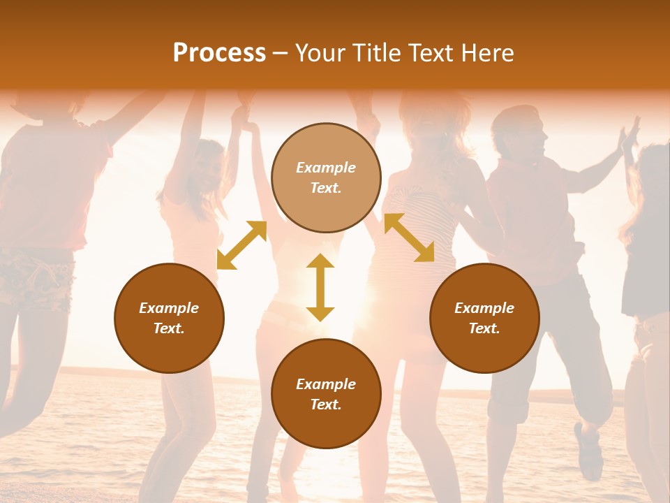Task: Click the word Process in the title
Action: (x=219, y=53)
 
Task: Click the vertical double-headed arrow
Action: (x=320, y=288)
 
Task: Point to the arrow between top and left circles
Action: (x=242, y=245)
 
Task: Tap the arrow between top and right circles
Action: (x=409, y=238)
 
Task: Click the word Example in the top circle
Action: (x=326, y=168)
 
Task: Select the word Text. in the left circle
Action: (x=169, y=328)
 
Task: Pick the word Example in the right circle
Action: (x=484, y=308)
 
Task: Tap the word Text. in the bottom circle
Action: (x=326, y=404)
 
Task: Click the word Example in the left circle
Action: (x=169, y=308)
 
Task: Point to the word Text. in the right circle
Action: (x=484, y=328)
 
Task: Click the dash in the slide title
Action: (x=280, y=53)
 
